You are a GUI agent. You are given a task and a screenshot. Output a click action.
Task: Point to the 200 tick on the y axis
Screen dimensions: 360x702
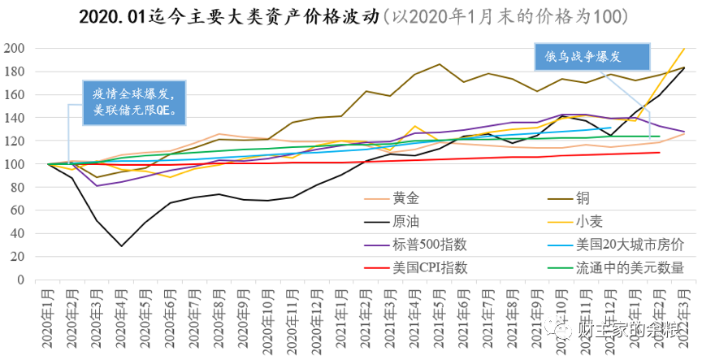point(15,49)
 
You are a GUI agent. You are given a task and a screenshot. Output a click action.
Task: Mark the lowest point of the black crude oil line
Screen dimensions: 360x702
point(122,245)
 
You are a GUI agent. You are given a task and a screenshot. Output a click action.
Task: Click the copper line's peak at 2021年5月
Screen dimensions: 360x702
point(439,64)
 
